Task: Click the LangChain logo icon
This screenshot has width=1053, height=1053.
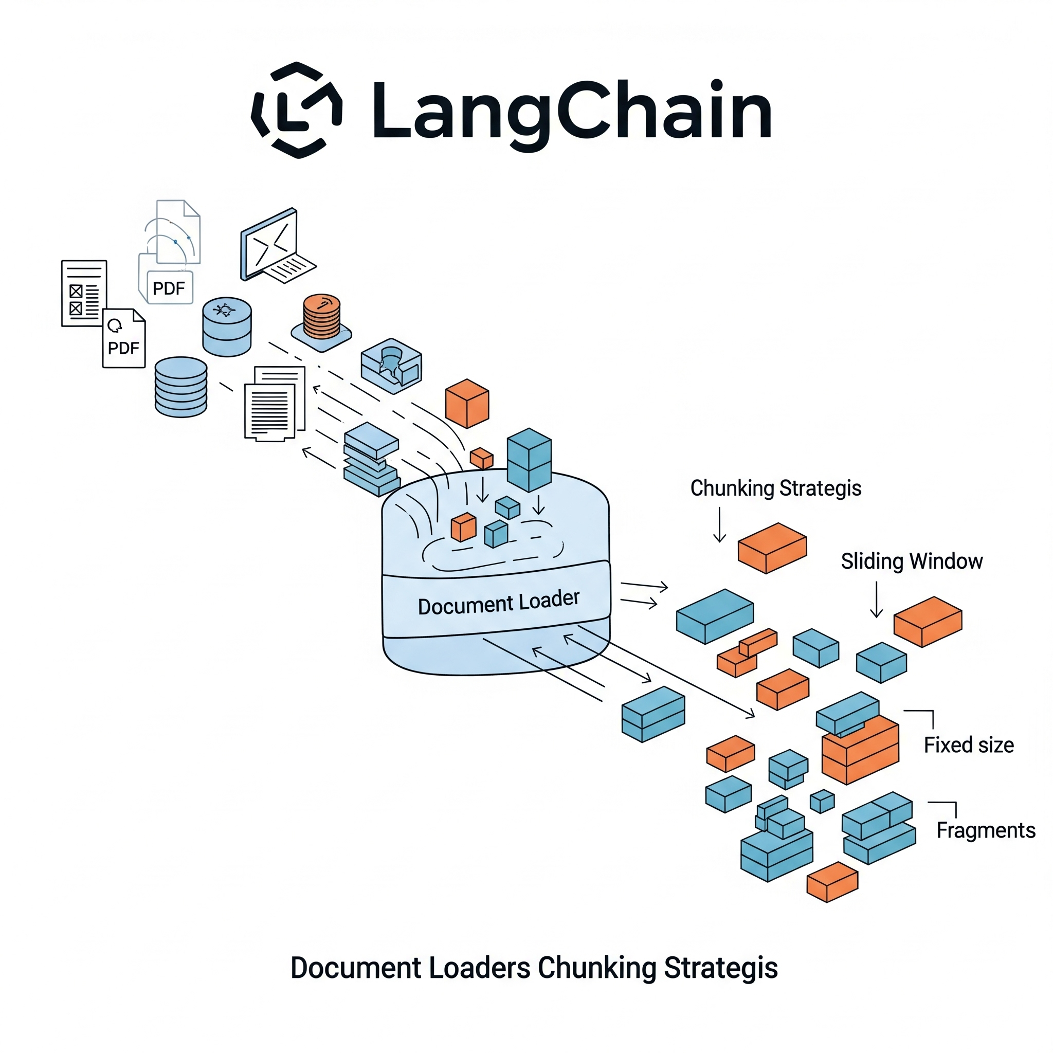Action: [x=297, y=110]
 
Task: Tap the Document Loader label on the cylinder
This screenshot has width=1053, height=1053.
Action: [x=498, y=603]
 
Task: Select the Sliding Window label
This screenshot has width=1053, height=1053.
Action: [x=911, y=561]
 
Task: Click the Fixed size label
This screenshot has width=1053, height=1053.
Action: [x=969, y=745]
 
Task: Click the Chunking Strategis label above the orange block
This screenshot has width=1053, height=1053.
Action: [x=775, y=488]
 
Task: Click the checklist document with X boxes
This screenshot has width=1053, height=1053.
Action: [x=83, y=294]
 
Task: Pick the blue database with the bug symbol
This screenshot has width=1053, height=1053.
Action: [x=227, y=326]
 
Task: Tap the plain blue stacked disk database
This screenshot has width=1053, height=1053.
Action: [x=181, y=387]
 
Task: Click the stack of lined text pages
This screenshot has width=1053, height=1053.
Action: [x=274, y=404]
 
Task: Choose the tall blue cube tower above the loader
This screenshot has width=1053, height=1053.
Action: [x=529, y=460]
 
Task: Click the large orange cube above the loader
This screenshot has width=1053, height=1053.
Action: [x=467, y=403]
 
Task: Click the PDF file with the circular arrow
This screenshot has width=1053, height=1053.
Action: [x=124, y=338]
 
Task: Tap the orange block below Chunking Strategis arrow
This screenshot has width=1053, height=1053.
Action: [x=772, y=548]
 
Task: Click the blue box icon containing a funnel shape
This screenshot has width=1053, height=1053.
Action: [x=391, y=365]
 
